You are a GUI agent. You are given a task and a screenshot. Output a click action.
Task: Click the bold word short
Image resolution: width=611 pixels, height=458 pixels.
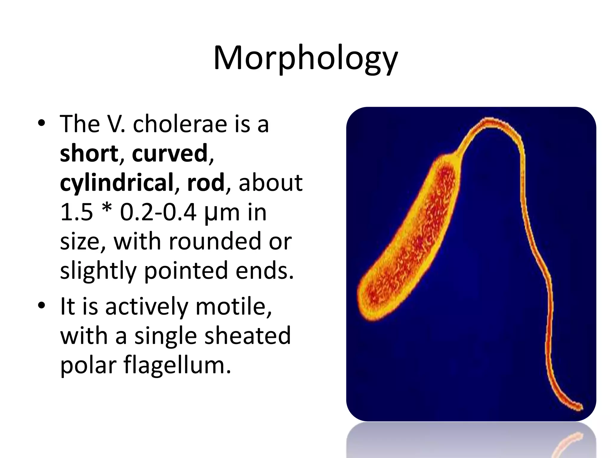coord(89,153)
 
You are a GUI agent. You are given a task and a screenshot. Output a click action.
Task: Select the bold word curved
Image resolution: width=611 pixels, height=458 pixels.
coord(170,153)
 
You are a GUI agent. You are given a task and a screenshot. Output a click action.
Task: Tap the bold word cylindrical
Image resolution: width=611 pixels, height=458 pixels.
coord(117,182)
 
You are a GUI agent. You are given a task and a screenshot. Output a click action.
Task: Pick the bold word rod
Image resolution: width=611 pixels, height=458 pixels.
coord(206,182)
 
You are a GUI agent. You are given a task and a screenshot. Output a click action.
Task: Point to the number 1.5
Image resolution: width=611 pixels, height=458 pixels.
coord(77,212)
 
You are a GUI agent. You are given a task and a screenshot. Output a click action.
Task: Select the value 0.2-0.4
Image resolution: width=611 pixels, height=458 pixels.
coord(158,212)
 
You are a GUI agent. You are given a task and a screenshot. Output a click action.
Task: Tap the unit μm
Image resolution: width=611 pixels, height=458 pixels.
coord(222,213)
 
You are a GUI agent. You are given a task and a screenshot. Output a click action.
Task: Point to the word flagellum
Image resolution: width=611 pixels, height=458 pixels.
coord(177,365)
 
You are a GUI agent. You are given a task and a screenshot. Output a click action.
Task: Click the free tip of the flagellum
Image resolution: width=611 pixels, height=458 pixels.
coord(581,407)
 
